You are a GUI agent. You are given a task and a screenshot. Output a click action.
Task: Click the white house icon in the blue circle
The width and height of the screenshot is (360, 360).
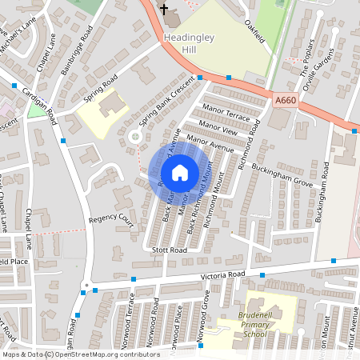(180, 172)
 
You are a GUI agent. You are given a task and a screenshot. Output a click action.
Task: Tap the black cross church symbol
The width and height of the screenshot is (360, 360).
(165, 10)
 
